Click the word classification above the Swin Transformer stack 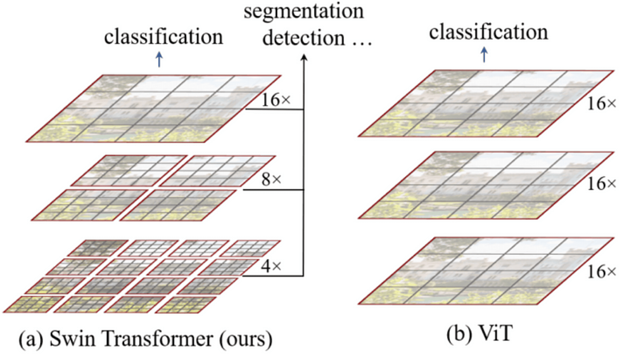[x=163, y=37]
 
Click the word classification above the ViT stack [x=488, y=32]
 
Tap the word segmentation [x=304, y=11]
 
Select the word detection [x=303, y=38]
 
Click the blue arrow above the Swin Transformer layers [x=159, y=59]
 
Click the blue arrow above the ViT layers [x=484, y=54]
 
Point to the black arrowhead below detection [x=304, y=58]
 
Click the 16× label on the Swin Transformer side [x=276, y=100]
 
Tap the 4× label [x=271, y=266]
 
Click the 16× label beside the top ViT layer [x=601, y=104]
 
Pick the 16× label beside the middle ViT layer [x=601, y=184]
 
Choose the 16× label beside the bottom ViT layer [x=601, y=271]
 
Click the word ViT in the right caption [x=495, y=333]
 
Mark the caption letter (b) [x=459, y=334]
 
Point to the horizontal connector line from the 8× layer [x=273, y=190]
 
